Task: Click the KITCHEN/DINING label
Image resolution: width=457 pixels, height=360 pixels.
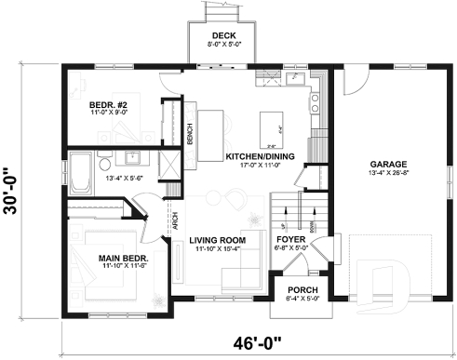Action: tap(261, 156)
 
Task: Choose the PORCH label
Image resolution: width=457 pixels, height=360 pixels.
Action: tap(302, 289)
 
